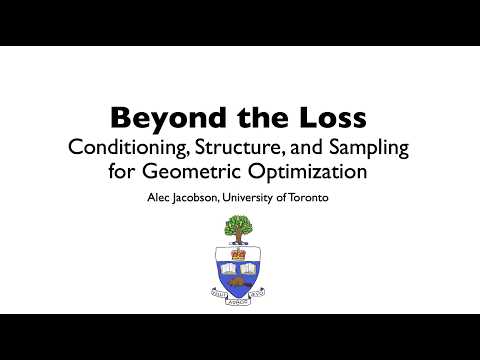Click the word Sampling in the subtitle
(x=365, y=147)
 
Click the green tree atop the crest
(x=239, y=227)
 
